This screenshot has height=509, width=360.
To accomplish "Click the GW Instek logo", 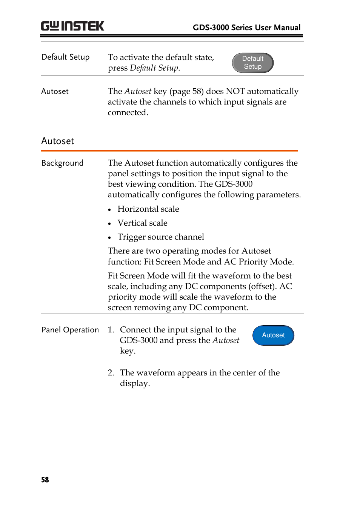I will [72, 26].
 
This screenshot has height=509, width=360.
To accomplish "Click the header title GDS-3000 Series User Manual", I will [246, 28].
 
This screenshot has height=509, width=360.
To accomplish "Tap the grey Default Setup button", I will [252, 63].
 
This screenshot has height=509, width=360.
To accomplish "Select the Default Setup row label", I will [65, 57].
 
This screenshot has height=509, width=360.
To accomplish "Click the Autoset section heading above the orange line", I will [57, 141].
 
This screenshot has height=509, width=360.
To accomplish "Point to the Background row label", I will [62, 163].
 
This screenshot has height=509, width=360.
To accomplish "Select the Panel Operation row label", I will [70, 330].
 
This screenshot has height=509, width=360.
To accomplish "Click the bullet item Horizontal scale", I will [148, 209].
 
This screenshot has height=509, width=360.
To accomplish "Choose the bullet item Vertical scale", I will [142, 223].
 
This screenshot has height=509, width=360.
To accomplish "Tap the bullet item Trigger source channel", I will [160, 237].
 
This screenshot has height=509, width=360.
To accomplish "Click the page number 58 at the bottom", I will [45, 480].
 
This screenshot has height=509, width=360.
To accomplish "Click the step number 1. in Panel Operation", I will [111, 330].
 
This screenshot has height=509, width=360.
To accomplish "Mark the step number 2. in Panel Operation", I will [111, 373].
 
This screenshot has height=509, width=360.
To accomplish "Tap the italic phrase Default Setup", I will [154, 68].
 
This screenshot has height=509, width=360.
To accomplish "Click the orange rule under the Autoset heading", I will [169, 151].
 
